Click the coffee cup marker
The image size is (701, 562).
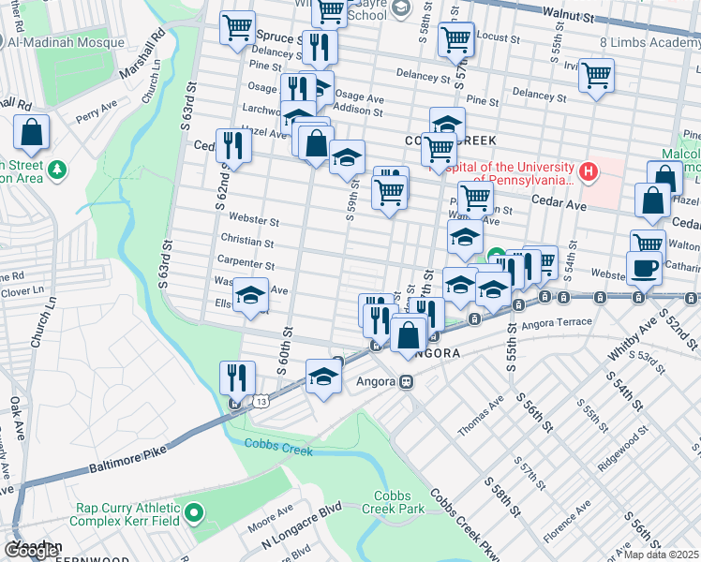point(643,267)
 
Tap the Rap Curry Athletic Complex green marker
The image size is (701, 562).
point(194,512)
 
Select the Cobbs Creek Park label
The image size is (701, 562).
point(400,502)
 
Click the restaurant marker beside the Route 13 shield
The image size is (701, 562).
point(237,377)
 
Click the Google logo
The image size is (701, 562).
point(31,551)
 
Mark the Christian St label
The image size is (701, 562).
point(247,242)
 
